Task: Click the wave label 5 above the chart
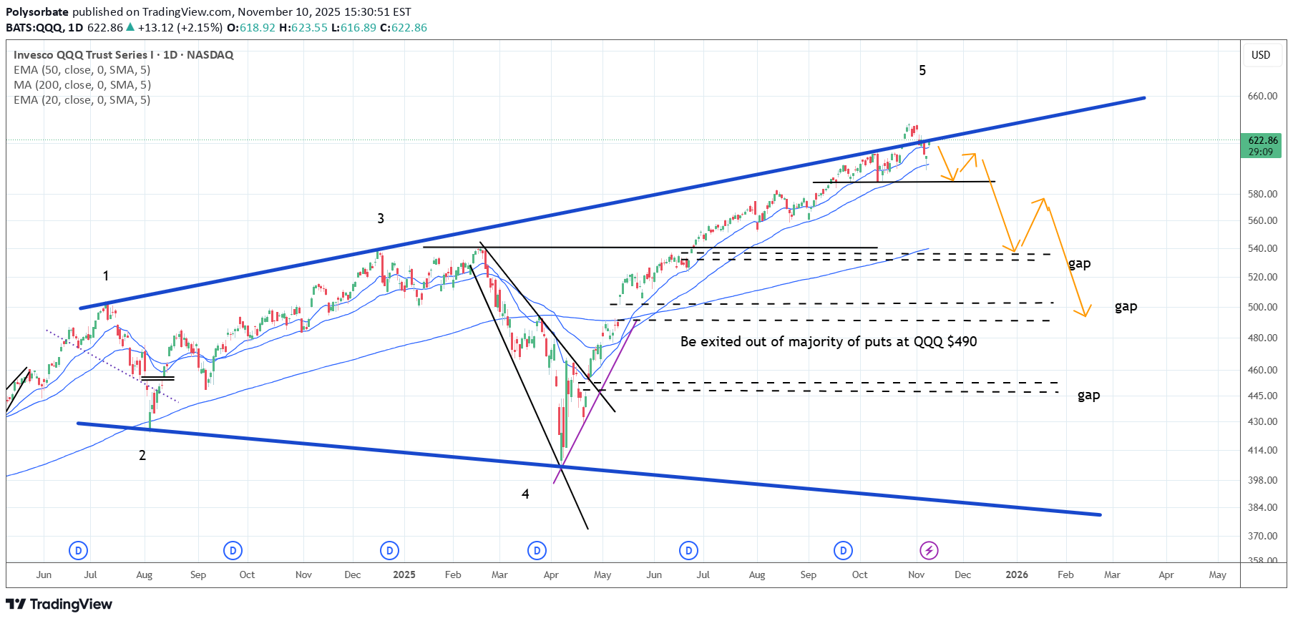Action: coord(922,70)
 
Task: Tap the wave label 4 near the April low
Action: coord(525,494)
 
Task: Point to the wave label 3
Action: coord(381,218)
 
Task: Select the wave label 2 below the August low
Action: coord(142,455)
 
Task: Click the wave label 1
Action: coord(106,275)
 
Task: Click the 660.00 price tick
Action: coord(1262,96)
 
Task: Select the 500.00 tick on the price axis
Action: coord(1262,307)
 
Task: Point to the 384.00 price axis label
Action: coord(1262,507)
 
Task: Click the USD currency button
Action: coord(1261,55)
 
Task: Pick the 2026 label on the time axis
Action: coord(1017,574)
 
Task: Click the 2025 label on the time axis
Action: coord(404,574)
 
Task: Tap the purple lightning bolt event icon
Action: coord(929,550)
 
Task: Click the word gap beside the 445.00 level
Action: coord(1088,395)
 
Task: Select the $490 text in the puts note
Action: coord(962,341)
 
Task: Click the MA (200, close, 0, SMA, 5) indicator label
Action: coord(82,84)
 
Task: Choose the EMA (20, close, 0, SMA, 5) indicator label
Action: coord(82,99)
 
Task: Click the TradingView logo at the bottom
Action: coord(59,605)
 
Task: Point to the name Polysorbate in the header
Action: coord(37,11)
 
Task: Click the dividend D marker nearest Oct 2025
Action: coord(843,550)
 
